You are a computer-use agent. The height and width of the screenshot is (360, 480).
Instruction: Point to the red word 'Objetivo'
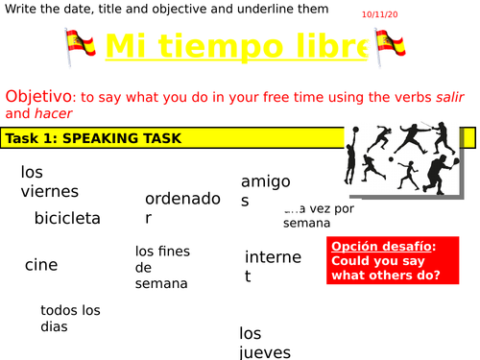point(38,96)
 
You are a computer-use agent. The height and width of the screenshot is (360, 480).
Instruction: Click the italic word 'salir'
point(446,97)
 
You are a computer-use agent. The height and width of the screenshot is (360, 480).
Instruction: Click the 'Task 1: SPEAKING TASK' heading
point(93,138)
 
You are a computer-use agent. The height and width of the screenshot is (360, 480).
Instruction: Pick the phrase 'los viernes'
point(49,181)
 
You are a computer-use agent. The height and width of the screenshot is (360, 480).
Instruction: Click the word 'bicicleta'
point(67,219)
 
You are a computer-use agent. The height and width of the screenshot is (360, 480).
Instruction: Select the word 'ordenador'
point(182,208)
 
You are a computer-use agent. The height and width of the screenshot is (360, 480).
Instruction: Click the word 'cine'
point(41,265)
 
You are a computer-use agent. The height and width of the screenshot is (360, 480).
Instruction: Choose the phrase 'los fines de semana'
point(161,268)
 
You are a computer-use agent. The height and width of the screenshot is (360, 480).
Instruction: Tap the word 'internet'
point(273,266)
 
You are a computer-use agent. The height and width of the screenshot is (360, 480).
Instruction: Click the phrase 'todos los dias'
point(70,318)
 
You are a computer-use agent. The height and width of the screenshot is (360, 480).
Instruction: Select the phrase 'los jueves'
point(264,343)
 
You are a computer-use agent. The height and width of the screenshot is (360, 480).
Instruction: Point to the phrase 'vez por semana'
point(319,215)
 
